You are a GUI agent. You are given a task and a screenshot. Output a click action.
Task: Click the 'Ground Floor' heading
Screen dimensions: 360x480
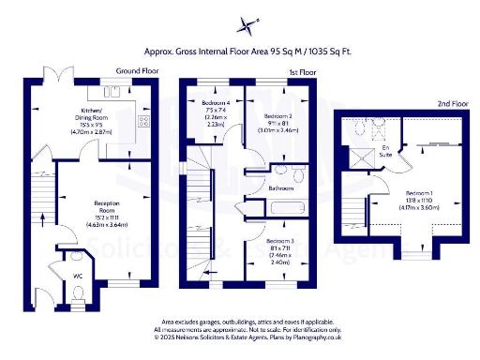tap(135, 71)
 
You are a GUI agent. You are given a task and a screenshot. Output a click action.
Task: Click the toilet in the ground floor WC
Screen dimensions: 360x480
tap(78, 293)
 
